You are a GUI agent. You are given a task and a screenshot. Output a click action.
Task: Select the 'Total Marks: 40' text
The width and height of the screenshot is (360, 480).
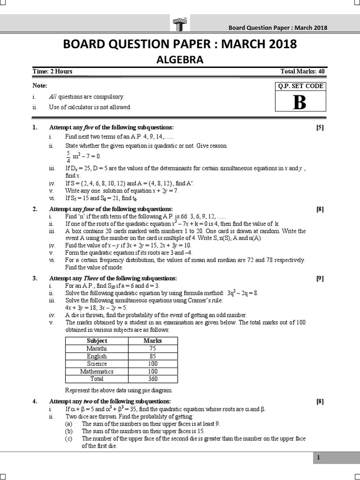click(302, 72)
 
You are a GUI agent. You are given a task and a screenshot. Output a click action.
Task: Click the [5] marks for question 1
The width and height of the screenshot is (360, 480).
click(320, 127)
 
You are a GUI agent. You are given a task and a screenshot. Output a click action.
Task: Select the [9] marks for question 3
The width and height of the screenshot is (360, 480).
click(320, 278)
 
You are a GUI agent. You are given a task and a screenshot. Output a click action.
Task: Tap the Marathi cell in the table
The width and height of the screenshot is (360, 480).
click(97, 348)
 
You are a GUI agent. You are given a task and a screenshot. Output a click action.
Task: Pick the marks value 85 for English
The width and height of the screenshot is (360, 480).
click(152, 356)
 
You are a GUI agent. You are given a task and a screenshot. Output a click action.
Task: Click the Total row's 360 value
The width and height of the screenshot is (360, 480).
click(152, 379)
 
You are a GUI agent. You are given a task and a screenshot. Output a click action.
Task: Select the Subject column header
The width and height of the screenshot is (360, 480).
click(97, 341)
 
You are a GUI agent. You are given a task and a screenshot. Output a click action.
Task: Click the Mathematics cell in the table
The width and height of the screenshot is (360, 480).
click(97, 371)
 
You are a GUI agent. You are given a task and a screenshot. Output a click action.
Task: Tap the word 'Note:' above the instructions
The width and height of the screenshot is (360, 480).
click(40, 86)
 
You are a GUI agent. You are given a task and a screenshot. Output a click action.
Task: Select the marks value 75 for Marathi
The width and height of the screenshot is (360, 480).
click(152, 348)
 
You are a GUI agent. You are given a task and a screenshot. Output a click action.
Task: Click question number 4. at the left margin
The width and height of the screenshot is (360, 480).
click(35, 402)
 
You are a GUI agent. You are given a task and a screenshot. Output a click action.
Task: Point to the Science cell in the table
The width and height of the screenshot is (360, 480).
click(97, 363)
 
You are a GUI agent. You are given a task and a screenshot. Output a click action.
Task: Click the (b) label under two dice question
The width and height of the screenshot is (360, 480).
click(68, 431)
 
